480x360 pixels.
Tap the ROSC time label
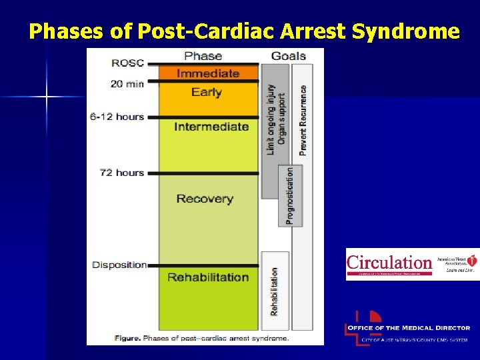pos(127,63)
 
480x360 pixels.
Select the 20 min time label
pos(127,84)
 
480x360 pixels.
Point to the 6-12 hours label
pos(117,117)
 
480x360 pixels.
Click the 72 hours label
pos(121,173)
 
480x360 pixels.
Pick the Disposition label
pos(119,265)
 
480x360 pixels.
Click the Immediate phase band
pos(207,73)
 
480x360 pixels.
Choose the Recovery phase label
pos(205,199)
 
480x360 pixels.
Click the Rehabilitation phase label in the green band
pos(208,277)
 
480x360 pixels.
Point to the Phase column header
pos(203,56)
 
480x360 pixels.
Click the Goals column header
pos(288,56)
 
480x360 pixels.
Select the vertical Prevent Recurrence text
pos(303,120)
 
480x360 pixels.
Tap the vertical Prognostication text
pos(290,195)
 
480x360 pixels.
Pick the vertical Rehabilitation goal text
pos(274,291)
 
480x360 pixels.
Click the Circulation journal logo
pos(390,263)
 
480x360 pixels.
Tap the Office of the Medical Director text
pos(415,328)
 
